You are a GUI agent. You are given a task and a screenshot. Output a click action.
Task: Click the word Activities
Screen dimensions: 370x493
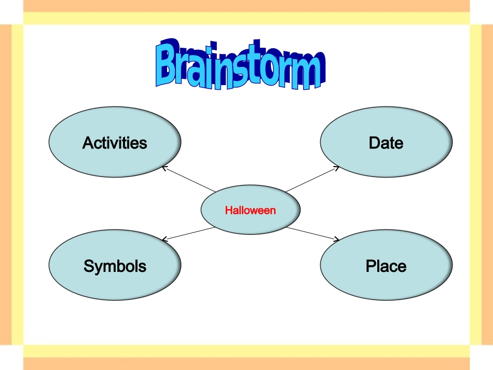click(115, 143)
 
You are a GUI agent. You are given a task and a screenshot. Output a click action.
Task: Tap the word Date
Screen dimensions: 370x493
click(386, 143)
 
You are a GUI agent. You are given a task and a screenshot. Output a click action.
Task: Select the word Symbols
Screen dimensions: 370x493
click(115, 266)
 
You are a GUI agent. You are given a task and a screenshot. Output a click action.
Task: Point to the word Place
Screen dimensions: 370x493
click(386, 266)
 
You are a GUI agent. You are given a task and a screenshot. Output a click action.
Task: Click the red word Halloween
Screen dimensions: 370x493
click(250, 210)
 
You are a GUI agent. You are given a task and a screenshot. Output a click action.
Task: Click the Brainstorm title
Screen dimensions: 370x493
click(240, 64)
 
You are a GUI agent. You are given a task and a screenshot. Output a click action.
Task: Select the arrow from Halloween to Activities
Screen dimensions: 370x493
click(189, 179)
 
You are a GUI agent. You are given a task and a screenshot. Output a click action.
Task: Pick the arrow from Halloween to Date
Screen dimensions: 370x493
click(311, 179)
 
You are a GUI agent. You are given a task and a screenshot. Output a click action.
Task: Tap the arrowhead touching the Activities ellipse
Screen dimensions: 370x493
click(165, 168)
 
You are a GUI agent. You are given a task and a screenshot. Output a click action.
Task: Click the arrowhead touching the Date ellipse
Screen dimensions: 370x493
click(337, 168)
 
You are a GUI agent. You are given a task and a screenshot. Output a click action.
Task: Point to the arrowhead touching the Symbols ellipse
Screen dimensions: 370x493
click(164, 239)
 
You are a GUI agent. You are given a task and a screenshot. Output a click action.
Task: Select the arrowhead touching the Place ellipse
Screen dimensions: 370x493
click(337, 240)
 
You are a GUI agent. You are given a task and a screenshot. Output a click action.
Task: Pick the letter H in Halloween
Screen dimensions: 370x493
click(228, 210)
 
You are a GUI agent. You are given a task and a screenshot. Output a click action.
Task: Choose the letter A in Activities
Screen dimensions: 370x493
click(87, 143)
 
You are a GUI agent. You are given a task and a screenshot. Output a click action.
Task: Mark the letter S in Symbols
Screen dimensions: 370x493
click(89, 266)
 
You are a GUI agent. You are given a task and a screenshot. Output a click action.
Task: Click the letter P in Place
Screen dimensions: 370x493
click(371, 266)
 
